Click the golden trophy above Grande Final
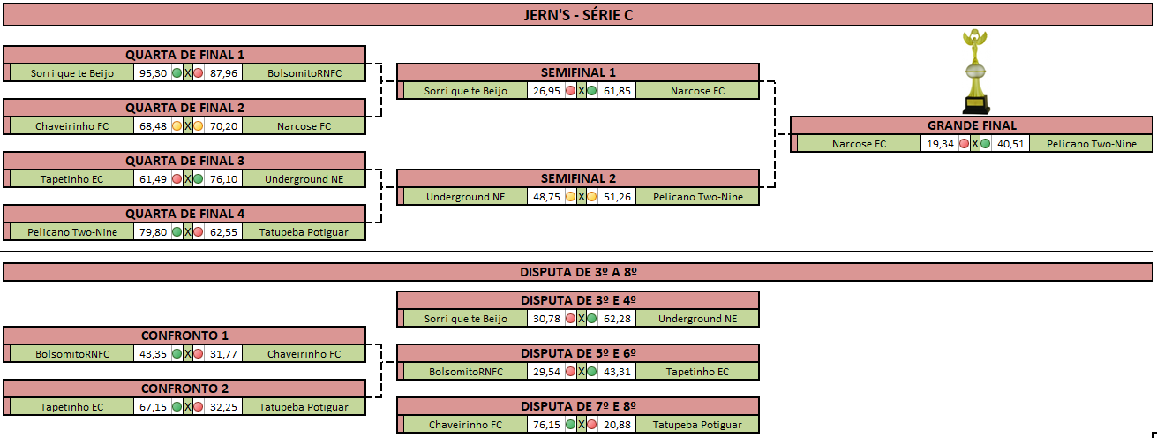click(975, 72)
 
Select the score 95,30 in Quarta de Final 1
click(153, 73)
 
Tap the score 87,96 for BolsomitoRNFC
click(223, 73)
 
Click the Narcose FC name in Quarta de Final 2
click(304, 126)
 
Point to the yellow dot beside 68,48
click(177, 125)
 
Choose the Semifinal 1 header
click(578, 72)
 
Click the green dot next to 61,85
click(592, 90)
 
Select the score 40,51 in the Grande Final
click(1010, 144)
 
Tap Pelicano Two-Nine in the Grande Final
click(1092, 144)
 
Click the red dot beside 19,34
click(964, 144)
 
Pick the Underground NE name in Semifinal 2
click(465, 197)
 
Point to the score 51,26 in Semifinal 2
click(617, 197)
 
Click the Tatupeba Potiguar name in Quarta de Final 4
click(304, 232)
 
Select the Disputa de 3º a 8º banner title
click(578, 272)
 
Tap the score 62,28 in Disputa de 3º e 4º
click(617, 319)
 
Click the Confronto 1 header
click(184, 336)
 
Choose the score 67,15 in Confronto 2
click(153, 407)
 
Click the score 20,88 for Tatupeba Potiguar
click(617, 425)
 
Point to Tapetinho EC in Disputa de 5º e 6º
click(697, 372)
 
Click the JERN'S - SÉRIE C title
click(578, 15)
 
